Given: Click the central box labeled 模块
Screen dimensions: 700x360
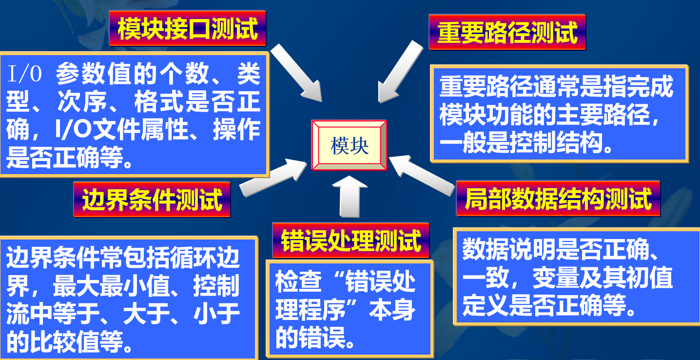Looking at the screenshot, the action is (349, 145).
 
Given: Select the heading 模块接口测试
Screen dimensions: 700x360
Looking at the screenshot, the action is (188, 29).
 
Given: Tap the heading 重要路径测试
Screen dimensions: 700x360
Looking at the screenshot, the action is (507, 32).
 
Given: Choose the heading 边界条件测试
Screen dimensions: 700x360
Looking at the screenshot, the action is (152, 199).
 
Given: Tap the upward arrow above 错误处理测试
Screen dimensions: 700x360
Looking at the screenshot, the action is (350, 198).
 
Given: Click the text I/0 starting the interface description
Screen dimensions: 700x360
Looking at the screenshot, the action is (25, 76).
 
